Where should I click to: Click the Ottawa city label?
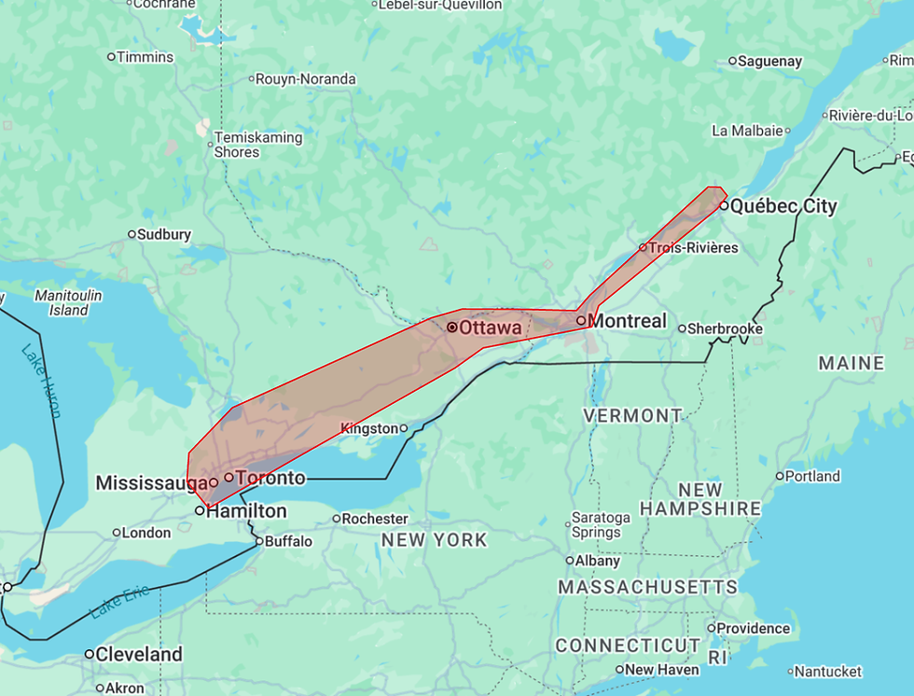tap(490, 328)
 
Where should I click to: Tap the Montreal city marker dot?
tap(581, 321)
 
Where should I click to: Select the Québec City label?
tap(783, 206)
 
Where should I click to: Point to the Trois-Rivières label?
tap(693, 248)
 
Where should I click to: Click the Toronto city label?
tap(270, 479)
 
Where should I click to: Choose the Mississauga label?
tap(151, 483)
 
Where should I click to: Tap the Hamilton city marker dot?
tap(200, 511)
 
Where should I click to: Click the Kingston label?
tap(369, 428)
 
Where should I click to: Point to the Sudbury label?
tap(164, 235)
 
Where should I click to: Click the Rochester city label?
tap(375, 519)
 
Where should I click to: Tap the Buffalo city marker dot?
tap(258, 540)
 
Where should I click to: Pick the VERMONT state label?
tap(632, 415)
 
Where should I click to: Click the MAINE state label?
tap(851, 363)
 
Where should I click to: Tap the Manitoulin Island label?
tap(68, 302)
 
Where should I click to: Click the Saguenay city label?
tap(769, 62)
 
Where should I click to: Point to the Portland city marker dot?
tap(780, 476)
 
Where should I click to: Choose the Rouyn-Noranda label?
tap(308, 79)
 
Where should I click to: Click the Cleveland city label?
tap(139, 654)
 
